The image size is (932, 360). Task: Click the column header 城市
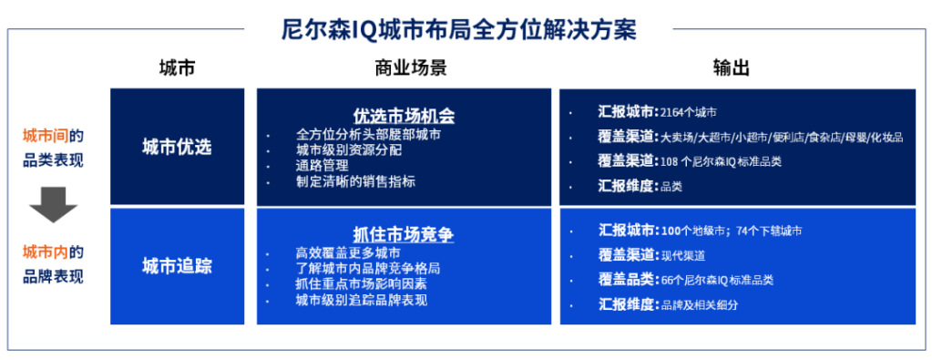pos(177,68)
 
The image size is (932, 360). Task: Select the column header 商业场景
pos(411,68)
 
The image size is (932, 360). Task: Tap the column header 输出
pos(732,68)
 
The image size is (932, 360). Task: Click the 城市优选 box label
pos(177,147)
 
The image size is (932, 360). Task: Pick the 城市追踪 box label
pos(177,266)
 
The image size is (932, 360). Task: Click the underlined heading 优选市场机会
pos(405,115)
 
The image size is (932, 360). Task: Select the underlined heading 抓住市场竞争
pos(405,235)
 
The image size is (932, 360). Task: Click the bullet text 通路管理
pos(323,166)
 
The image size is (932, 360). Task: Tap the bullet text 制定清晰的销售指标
pos(355,182)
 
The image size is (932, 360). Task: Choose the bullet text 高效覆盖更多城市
pos(348,252)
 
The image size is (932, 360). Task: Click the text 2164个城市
pos(689,112)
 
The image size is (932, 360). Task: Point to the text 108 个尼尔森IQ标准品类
pos(721,161)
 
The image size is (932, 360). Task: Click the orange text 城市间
pos(46,137)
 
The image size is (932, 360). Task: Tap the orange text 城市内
pos(46,252)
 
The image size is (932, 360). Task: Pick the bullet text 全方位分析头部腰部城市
pos(369,135)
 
